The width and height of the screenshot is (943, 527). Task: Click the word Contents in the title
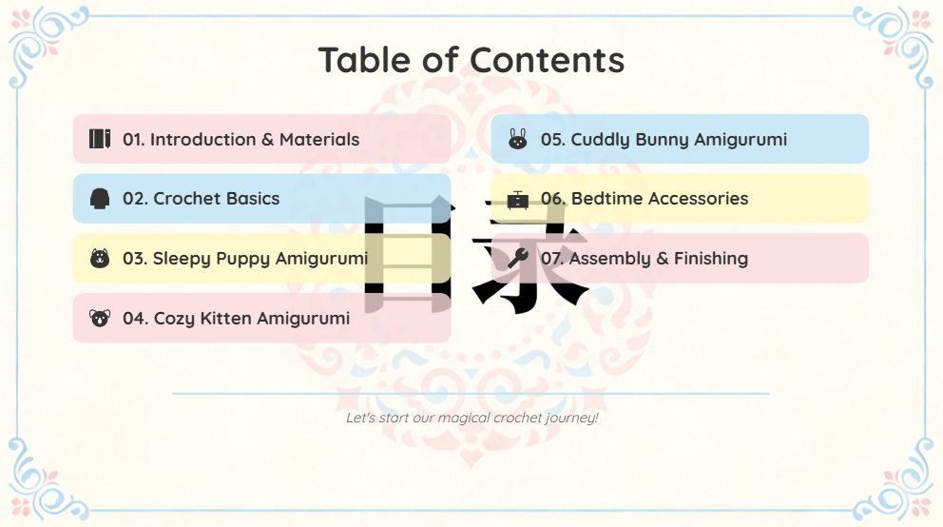[547, 60]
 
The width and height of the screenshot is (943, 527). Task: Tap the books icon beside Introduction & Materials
[100, 138]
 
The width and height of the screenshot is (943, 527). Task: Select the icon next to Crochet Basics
[100, 199]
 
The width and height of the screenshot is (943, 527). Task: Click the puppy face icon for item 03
[100, 258]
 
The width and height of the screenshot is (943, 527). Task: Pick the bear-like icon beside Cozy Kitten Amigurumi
[100, 318]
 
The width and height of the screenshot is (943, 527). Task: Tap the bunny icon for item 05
[517, 138]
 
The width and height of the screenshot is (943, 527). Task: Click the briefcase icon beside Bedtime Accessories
[517, 199]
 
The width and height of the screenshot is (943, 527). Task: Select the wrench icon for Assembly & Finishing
[517, 258]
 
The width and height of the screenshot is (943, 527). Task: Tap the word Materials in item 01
[319, 140]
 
